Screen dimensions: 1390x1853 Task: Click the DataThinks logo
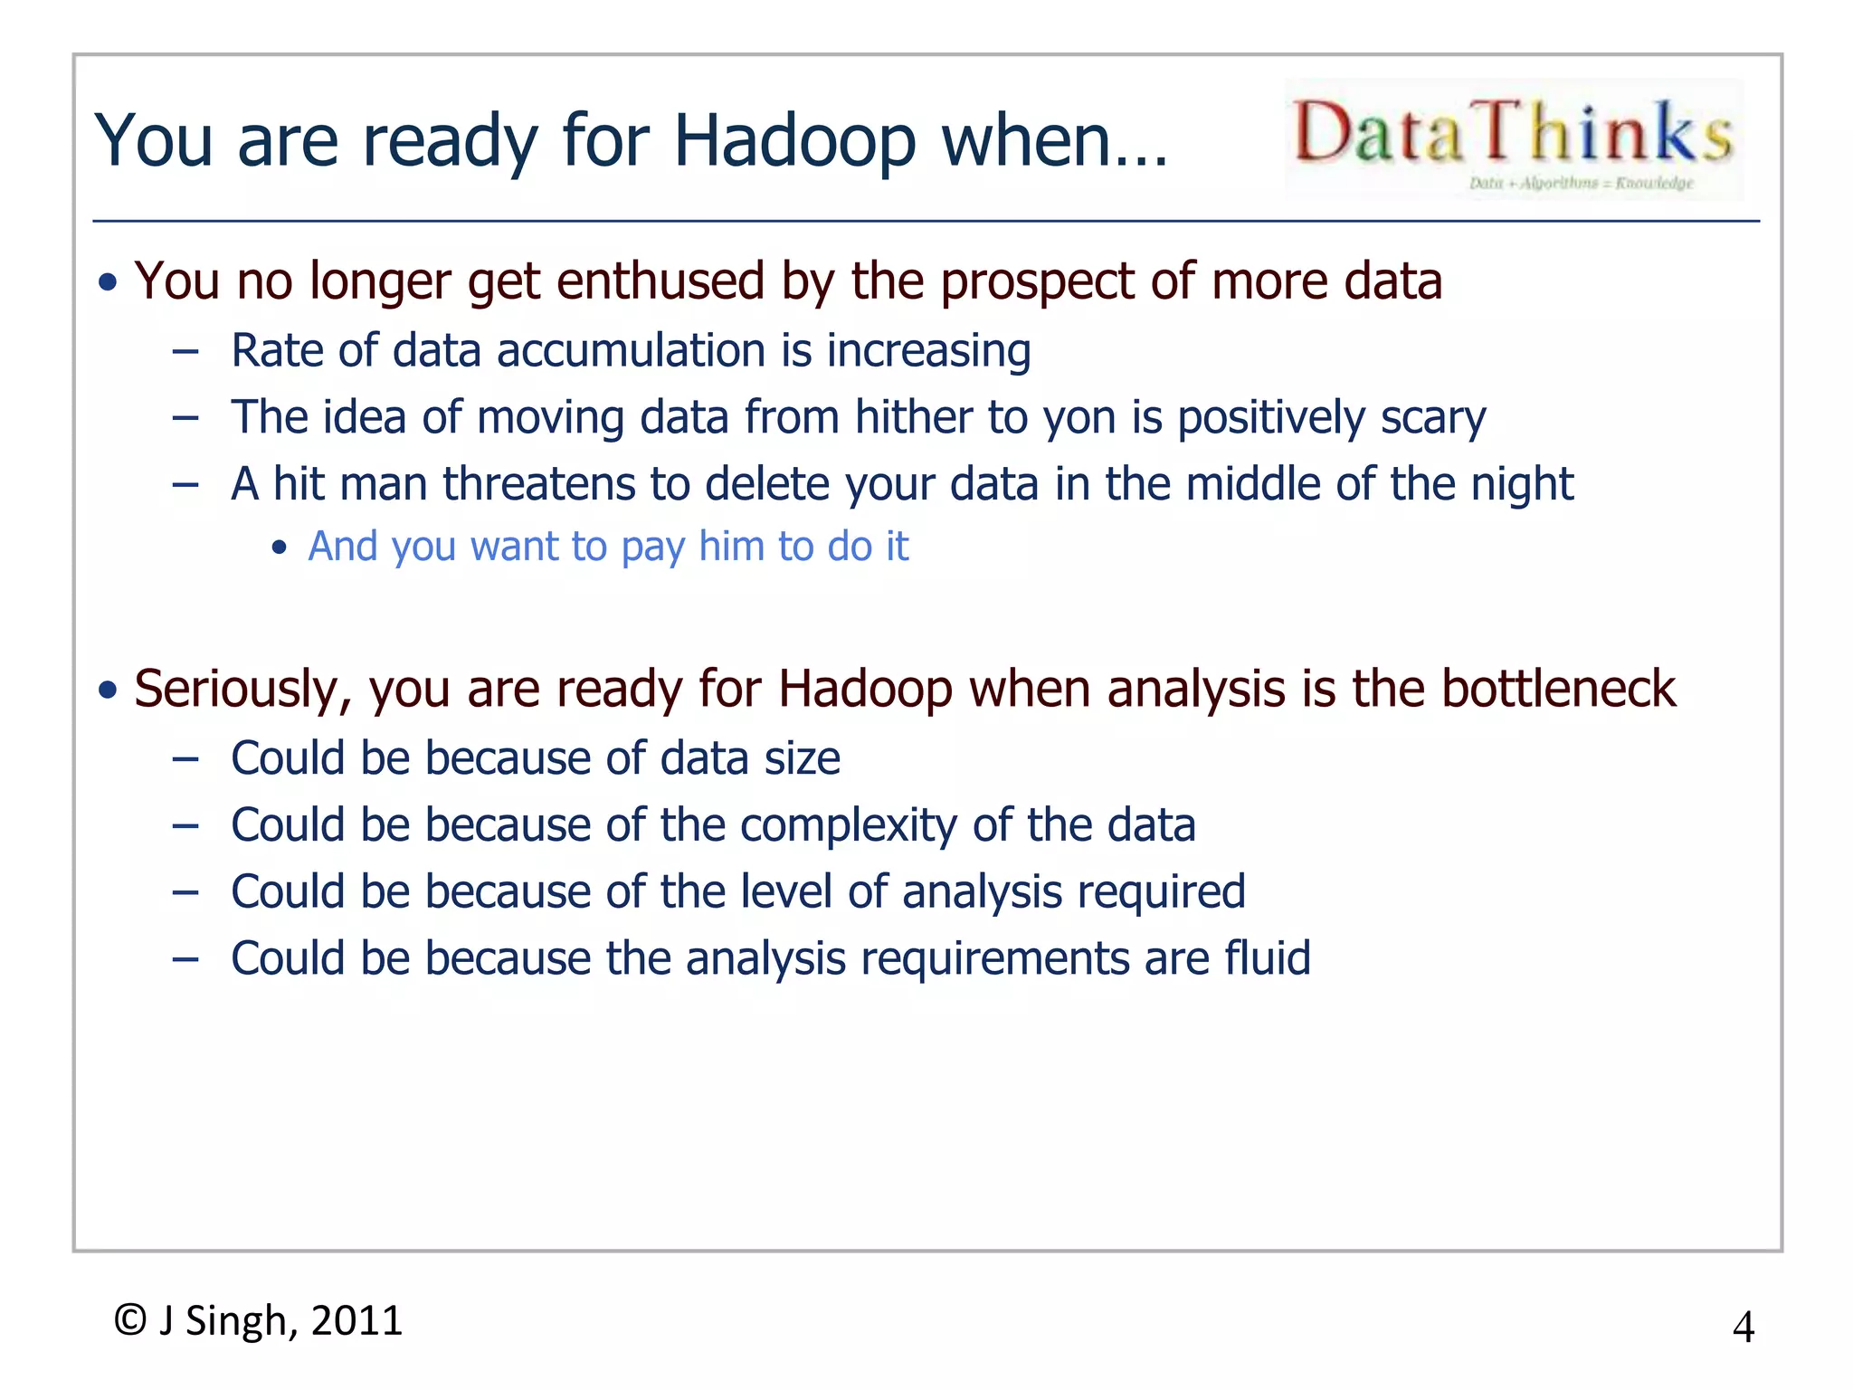[x=1513, y=138]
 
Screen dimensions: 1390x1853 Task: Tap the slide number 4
[x=1743, y=1328]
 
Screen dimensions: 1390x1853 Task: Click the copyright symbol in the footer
[x=130, y=1320]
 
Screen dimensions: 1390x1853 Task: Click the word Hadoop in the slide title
[x=794, y=141]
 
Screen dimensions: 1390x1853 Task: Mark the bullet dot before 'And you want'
[x=280, y=547]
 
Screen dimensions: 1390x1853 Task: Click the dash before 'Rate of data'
[x=185, y=352]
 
